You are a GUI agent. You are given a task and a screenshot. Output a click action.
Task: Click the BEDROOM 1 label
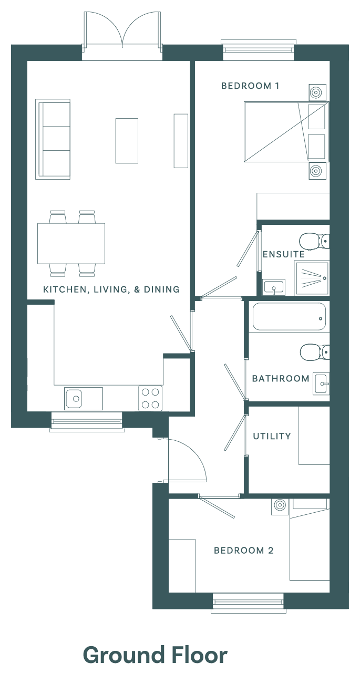tap(250, 86)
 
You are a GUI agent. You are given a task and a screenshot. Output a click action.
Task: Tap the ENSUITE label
tap(284, 255)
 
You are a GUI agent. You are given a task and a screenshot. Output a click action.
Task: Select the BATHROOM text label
tap(281, 379)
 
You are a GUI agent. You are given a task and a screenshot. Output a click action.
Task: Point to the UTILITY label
tap(272, 436)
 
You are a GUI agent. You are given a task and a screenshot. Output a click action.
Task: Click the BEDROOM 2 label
tap(244, 551)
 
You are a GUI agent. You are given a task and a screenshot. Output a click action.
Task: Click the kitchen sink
tap(84, 399)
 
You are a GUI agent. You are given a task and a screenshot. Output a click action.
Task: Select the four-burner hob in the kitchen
tap(150, 398)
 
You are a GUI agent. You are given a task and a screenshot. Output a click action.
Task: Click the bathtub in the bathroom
tap(289, 317)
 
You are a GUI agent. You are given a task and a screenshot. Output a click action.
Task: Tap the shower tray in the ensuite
tap(312, 278)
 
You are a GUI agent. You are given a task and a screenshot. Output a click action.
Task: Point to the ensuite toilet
tap(314, 241)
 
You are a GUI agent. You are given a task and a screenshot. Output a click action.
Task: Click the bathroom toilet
tap(315, 352)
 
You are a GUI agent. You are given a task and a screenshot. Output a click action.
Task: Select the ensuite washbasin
tap(274, 287)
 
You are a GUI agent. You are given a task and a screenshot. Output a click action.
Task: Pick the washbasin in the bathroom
tap(321, 383)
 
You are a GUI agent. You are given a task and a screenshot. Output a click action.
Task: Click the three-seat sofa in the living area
tap(53, 139)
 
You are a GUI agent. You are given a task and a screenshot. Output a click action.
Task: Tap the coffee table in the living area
tap(127, 141)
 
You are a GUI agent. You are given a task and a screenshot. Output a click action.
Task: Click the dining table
tap(71, 243)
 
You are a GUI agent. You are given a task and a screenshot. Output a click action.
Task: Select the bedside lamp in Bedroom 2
tap(280, 507)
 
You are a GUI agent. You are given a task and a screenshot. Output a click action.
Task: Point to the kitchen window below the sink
tap(87, 422)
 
